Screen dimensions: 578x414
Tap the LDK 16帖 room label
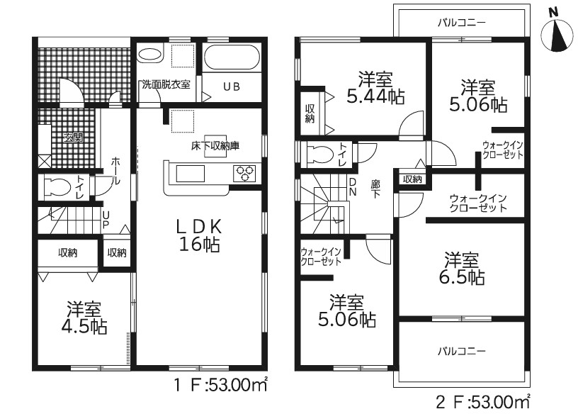tap(200, 235)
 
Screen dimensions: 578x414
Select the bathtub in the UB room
tap(232, 57)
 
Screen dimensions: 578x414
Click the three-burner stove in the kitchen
tap(245, 173)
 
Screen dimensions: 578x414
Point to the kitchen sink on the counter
tap(191, 174)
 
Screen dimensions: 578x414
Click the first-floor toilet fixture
tap(57, 186)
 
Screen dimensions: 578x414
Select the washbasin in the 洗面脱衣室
tap(150, 55)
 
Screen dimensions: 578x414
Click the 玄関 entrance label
tap(74, 138)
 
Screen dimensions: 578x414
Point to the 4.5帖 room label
tap(86, 318)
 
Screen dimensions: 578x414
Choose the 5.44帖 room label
tap(375, 87)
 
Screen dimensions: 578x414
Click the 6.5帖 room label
tap(462, 269)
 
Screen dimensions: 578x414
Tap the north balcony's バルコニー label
tap(462, 23)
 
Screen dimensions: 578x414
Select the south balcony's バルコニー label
tap(462, 351)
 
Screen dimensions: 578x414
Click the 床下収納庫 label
tap(215, 146)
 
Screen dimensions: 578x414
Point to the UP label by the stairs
tap(106, 220)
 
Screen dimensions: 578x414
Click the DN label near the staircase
tap(353, 187)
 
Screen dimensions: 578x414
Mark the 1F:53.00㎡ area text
tap(220, 385)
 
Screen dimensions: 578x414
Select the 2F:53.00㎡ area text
tap(483, 402)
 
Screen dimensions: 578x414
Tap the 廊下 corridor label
tap(375, 189)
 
